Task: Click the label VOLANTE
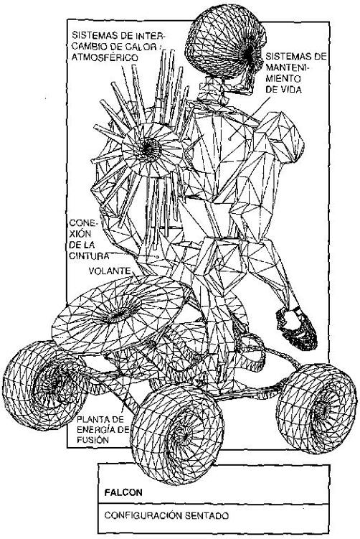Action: click(x=110, y=271)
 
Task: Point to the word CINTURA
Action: click(x=89, y=256)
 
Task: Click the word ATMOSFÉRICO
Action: click(x=105, y=57)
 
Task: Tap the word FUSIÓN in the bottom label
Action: click(x=93, y=439)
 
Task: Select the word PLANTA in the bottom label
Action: click(x=91, y=419)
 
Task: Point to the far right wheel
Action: click(x=316, y=409)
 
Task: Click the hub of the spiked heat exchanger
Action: click(x=148, y=149)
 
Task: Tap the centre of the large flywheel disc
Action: click(x=118, y=311)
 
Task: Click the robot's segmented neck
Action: click(x=217, y=90)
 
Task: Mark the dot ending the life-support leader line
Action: click(x=229, y=139)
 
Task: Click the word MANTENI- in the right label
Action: click(x=288, y=67)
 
